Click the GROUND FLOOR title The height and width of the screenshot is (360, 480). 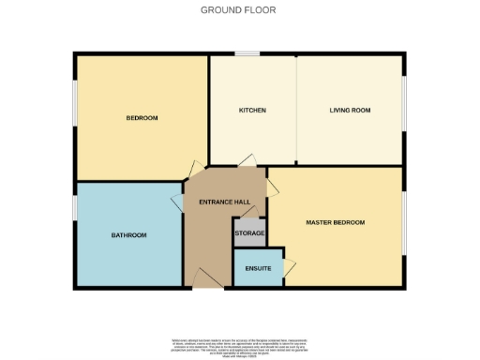pos(239,10)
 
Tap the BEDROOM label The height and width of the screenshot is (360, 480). pos(142,118)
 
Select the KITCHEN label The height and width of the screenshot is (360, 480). pos(253,111)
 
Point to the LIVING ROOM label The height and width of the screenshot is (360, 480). pos(350,111)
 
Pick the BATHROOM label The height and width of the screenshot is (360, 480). pos(129,235)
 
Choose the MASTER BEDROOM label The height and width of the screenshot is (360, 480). pos(336,222)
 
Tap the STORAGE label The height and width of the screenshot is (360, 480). pos(249,232)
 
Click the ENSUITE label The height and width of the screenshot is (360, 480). pos(258,269)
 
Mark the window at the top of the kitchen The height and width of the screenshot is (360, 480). pos(247,54)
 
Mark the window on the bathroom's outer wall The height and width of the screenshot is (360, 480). pos(75,207)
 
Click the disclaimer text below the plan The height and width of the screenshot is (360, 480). pos(240,346)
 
